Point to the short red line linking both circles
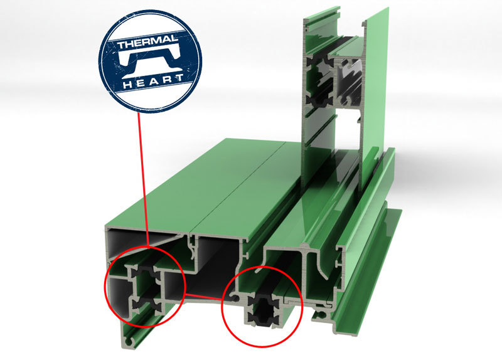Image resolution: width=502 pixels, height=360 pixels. (203, 296)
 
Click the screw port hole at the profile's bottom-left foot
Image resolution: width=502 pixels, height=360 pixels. (129, 342)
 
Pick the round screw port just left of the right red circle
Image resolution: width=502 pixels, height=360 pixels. (235, 299)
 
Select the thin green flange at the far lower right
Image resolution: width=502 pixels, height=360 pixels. (368, 272)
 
